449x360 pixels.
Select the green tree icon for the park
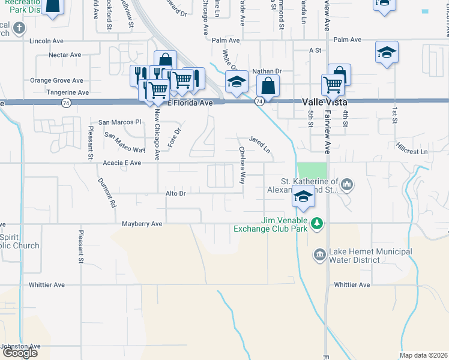click(x=317, y=224)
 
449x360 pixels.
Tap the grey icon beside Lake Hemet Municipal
click(x=319, y=256)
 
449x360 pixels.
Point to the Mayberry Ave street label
click(x=142, y=224)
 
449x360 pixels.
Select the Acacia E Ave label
click(x=122, y=163)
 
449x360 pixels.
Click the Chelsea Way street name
click(x=242, y=165)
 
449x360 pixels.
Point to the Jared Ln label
click(x=260, y=143)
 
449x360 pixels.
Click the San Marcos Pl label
click(x=120, y=122)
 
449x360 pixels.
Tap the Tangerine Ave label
click(x=68, y=92)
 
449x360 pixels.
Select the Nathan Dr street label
click(x=267, y=71)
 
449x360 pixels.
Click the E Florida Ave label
click(x=190, y=103)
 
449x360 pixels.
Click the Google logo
click(x=20, y=352)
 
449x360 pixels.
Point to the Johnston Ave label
click(x=20, y=346)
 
